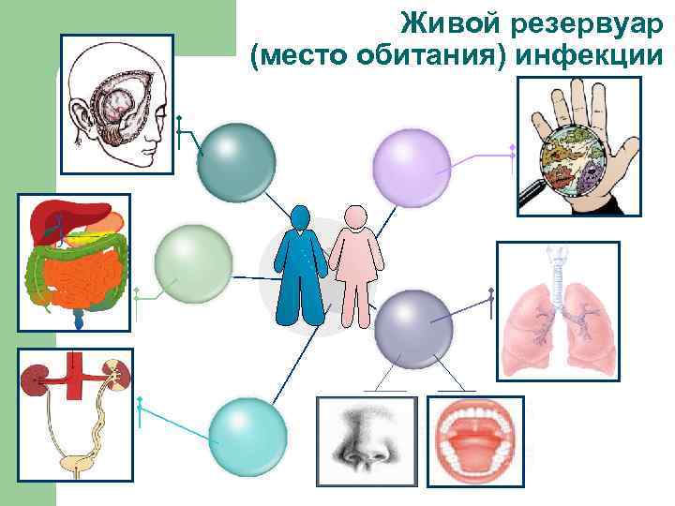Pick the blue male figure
point(301,266)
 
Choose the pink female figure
point(355,266)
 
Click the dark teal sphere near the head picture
point(237,162)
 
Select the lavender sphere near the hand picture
point(412,166)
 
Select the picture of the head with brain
point(117,103)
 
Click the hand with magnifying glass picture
point(578,146)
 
